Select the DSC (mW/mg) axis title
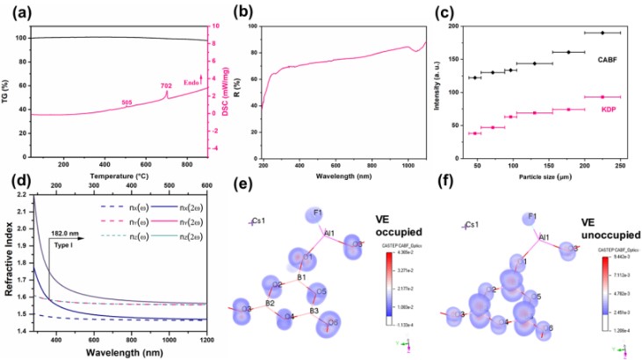pyautogui.click(x=229, y=88)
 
